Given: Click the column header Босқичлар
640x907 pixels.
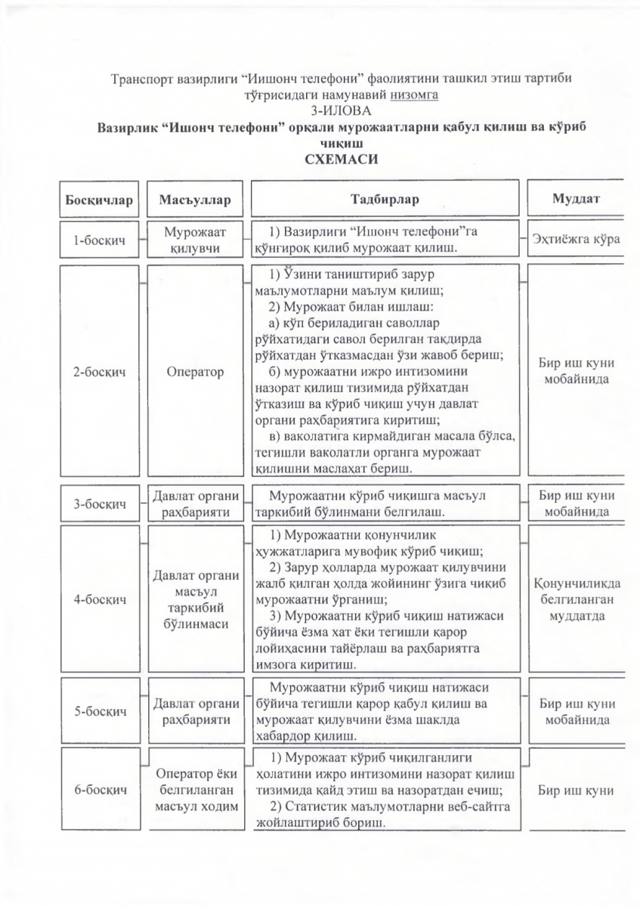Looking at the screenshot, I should pyautogui.click(x=99, y=200).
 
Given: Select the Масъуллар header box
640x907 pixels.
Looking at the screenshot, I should pyautogui.click(x=195, y=200).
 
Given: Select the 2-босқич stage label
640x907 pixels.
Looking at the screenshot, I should pyautogui.click(x=100, y=373).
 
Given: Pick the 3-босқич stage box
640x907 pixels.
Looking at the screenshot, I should pyautogui.click(x=100, y=503).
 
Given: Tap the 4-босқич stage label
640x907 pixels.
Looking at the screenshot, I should pyautogui.click(x=100, y=599).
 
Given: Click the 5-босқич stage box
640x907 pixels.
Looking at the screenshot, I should pyautogui.click(x=100, y=711).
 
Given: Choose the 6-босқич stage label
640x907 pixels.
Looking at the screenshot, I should pyautogui.click(x=100, y=790).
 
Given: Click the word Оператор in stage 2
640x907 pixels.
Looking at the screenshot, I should pyautogui.click(x=195, y=373).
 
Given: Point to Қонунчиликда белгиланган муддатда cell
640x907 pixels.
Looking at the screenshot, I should pyautogui.click(x=577, y=599).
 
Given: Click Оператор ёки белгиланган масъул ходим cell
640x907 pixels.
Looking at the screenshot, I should pyautogui.click(x=195, y=790).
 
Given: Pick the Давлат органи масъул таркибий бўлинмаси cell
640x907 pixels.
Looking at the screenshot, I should pyautogui.click(x=195, y=599).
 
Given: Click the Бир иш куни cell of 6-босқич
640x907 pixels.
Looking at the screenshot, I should pyautogui.click(x=577, y=790).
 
